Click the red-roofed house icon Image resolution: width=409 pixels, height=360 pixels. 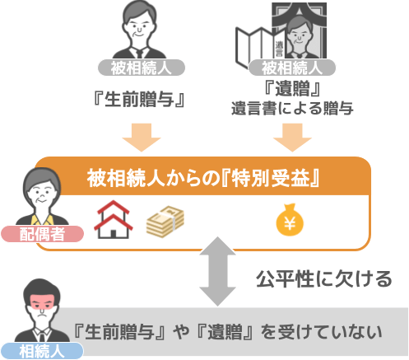(113, 220)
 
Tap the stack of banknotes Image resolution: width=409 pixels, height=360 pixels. (165, 222)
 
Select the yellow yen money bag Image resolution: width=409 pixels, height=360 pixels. (290, 220)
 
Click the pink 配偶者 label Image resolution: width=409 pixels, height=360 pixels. (42, 234)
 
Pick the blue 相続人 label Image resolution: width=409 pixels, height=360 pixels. (42, 351)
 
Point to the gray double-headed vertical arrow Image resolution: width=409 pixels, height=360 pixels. (217, 271)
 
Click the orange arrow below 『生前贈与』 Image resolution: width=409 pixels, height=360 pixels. (142, 138)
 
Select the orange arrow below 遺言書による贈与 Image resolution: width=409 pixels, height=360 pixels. (292, 138)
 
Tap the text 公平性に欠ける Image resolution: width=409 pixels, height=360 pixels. (324, 279)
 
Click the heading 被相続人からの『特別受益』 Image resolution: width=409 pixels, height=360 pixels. (203, 179)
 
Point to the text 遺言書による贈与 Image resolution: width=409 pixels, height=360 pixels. (292, 108)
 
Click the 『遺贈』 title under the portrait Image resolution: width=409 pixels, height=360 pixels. (292, 88)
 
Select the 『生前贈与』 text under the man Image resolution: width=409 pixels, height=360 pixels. (139, 99)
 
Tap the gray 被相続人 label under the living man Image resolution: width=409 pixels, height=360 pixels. (142, 68)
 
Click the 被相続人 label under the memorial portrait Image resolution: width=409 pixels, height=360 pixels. (292, 68)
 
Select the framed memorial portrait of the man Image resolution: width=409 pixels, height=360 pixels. (299, 30)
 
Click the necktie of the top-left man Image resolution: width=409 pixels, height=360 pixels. (138, 54)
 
